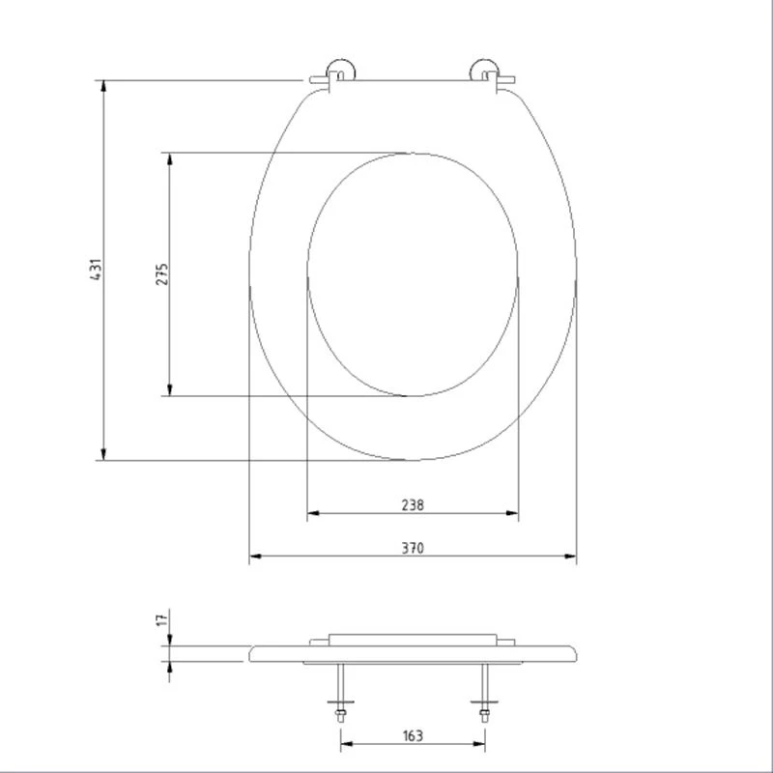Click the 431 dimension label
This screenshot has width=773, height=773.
pyautogui.click(x=96, y=270)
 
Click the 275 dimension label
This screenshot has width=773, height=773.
pyautogui.click(x=162, y=273)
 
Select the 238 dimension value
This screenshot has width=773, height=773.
pyautogui.click(x=413, y=503)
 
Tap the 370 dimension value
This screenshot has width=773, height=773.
pyautogui.click(x=413, y=548)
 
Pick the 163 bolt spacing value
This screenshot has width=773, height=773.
pyautogui.click(x=413, y=736)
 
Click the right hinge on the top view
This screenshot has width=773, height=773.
pyautogui.click(x=486, y=75)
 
